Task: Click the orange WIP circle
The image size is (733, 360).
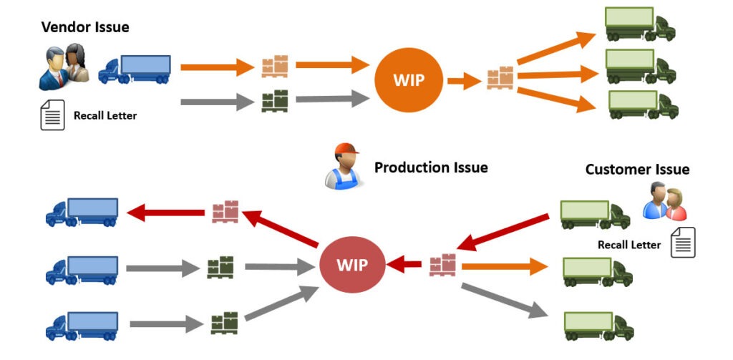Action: point(409,79)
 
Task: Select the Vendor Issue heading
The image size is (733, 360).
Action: point(85,27)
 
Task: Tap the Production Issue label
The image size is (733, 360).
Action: point(431,167)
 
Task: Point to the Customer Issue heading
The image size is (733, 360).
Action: point(637,170)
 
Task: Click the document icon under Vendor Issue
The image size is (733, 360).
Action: point(52,115)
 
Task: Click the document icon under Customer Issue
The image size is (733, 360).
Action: point(682,243)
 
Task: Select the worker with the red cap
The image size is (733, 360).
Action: point(343,166)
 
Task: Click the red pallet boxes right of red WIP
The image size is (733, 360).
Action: point(442,265)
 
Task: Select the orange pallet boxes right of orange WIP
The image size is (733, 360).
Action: point(500,77)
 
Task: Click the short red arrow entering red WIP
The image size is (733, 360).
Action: point(405,265)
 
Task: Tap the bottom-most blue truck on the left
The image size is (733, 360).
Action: point(82,326)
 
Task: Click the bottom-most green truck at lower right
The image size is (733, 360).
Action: point(597,326)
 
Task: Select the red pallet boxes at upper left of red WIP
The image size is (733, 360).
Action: point(225,212)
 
